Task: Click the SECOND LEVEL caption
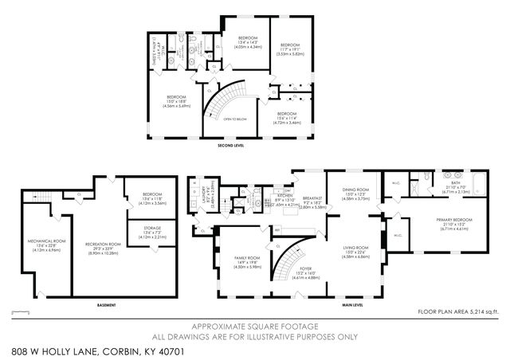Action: (x=230, y=146)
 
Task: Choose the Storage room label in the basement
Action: (x=151, y=229)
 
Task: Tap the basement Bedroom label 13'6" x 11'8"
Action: (x=151, y=196)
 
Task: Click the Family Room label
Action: (x=246, y=260)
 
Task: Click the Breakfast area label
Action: (x=312, y=198)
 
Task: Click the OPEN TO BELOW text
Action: (x=231, y=118)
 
